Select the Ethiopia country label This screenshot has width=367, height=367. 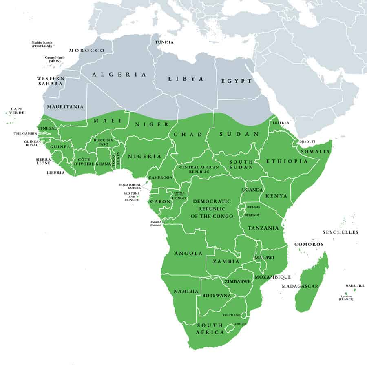click(287, 161)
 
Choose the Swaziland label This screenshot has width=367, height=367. click(231, 315)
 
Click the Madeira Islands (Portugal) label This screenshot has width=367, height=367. click(43, 44)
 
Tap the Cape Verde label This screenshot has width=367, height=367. click(17, 111)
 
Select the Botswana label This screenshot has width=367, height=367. click(217, 295)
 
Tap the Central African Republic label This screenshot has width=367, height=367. click(199, 170)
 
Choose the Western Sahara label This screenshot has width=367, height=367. click(50, 81)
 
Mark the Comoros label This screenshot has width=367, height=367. click(309, 245)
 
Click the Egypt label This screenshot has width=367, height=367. click(237, 81)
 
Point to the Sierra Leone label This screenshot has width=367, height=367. click(44, 161)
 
